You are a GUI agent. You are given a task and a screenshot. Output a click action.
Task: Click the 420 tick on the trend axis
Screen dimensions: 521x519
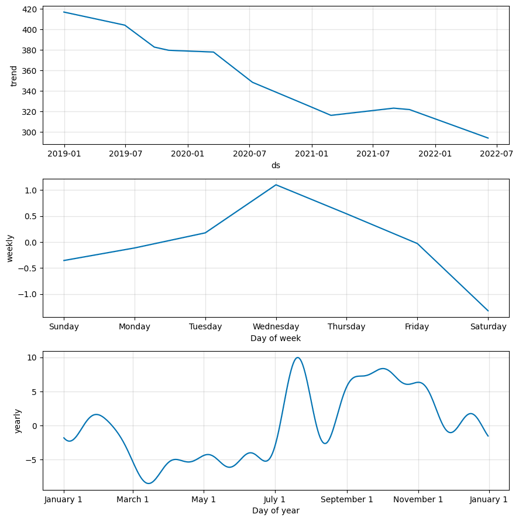point(29,9)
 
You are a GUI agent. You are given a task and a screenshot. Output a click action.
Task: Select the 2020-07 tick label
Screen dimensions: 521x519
point(250,154)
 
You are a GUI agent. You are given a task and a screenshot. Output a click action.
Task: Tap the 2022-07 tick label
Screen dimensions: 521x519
point(497,154)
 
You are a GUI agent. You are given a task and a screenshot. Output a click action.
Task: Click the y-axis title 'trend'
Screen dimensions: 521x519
point(14,76)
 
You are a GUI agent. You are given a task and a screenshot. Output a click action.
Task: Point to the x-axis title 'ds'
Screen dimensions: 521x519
point(276,165)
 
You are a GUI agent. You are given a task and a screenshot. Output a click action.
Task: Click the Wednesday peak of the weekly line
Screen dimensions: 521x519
point(276,185)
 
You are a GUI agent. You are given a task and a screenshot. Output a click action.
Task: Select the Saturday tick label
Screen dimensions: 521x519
point(488,326)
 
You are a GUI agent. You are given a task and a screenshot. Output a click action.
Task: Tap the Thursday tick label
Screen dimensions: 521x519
point(346,326)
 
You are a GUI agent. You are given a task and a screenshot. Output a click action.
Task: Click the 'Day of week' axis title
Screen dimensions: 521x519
point(276,338)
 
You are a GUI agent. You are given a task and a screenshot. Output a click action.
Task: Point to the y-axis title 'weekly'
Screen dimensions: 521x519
point(10,248)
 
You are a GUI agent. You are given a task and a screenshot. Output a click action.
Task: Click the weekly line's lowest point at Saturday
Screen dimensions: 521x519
point(488,311)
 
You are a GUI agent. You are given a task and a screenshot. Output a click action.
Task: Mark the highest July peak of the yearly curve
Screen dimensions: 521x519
point(298,357)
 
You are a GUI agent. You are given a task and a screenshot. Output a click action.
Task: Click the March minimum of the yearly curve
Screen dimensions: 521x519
point(149,483)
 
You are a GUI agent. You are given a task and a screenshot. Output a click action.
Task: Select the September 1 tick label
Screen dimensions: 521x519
point(347,499)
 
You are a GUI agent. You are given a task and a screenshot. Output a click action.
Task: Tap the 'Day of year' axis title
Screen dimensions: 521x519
point(276,510)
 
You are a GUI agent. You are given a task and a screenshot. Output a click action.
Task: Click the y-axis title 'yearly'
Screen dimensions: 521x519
point(18,421)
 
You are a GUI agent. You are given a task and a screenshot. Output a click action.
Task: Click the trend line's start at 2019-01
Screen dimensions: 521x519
point(64,12)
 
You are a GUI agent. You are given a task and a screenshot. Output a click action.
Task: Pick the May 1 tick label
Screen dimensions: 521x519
point(204,499)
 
